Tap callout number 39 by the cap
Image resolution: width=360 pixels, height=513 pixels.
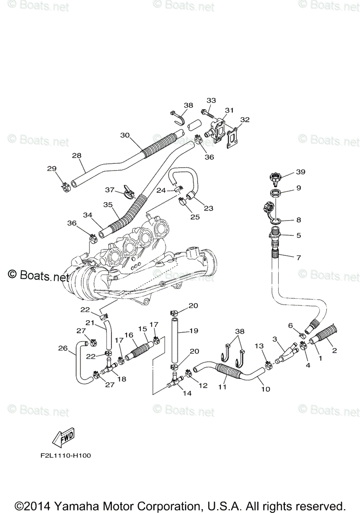(x=301, y=172)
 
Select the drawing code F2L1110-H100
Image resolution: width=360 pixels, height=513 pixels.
(x=63, y=455)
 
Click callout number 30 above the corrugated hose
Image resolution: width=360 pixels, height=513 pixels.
(x=124, y=135)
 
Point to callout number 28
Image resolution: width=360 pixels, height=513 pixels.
(x=77, y=156)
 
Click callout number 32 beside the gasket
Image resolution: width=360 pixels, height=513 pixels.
(x=245, y=120)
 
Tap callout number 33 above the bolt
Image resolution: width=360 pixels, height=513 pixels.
(x=211, y=100)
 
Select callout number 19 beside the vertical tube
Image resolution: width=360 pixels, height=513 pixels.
(x=194, y=330)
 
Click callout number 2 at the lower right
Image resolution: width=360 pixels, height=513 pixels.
(x=334, y=351)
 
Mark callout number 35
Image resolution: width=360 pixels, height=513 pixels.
(x=108, y=204)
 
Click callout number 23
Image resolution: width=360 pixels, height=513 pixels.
(x=208, y=209)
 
